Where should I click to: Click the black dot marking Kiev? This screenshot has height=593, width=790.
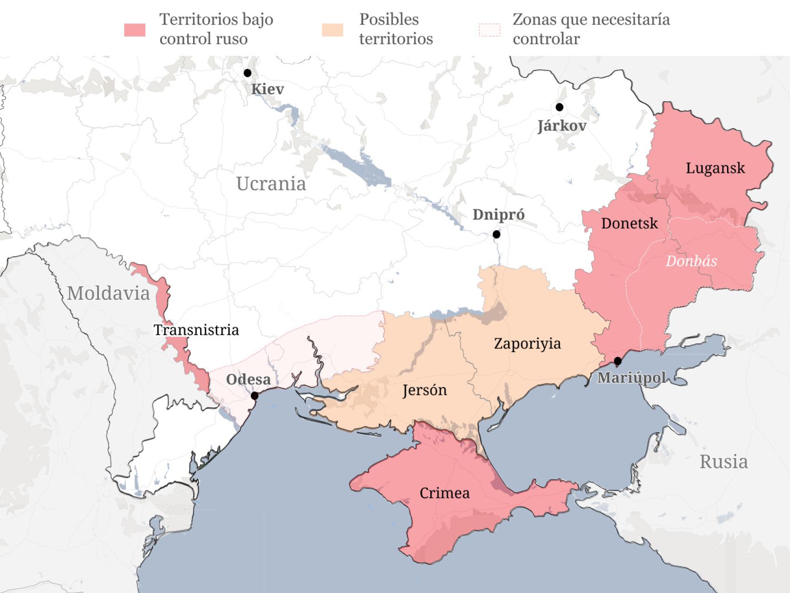point(247,73)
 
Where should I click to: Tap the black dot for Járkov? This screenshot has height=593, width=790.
point(559,107)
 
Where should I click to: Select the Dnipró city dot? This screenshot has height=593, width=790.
point(496,234)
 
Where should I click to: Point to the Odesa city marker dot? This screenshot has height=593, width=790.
point(254,396)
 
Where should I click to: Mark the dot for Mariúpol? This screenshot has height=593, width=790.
point(618,360)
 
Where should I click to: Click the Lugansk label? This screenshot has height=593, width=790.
point(715,168)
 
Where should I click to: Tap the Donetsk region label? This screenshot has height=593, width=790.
point(629,223)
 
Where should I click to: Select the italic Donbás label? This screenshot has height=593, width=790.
point(691,261)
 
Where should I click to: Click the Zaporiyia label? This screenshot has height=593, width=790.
point(527,343)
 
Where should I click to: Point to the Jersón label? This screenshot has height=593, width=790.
point(425,390)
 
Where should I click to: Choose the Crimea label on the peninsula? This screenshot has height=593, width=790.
point(444,493)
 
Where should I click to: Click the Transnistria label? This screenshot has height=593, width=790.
point(196,330)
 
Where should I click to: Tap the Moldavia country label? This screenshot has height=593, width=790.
point(108,293)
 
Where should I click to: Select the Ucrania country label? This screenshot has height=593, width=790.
point(271,184)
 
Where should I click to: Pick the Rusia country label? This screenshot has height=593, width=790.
point(723,462)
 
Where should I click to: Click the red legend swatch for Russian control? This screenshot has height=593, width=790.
point(135,30)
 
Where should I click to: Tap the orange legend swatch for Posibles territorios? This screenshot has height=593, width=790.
point(332,30)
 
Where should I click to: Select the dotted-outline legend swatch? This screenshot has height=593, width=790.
point(489,30)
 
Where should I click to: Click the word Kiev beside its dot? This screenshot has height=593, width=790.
point(267,89)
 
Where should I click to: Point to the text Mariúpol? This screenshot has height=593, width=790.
point(631,378)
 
